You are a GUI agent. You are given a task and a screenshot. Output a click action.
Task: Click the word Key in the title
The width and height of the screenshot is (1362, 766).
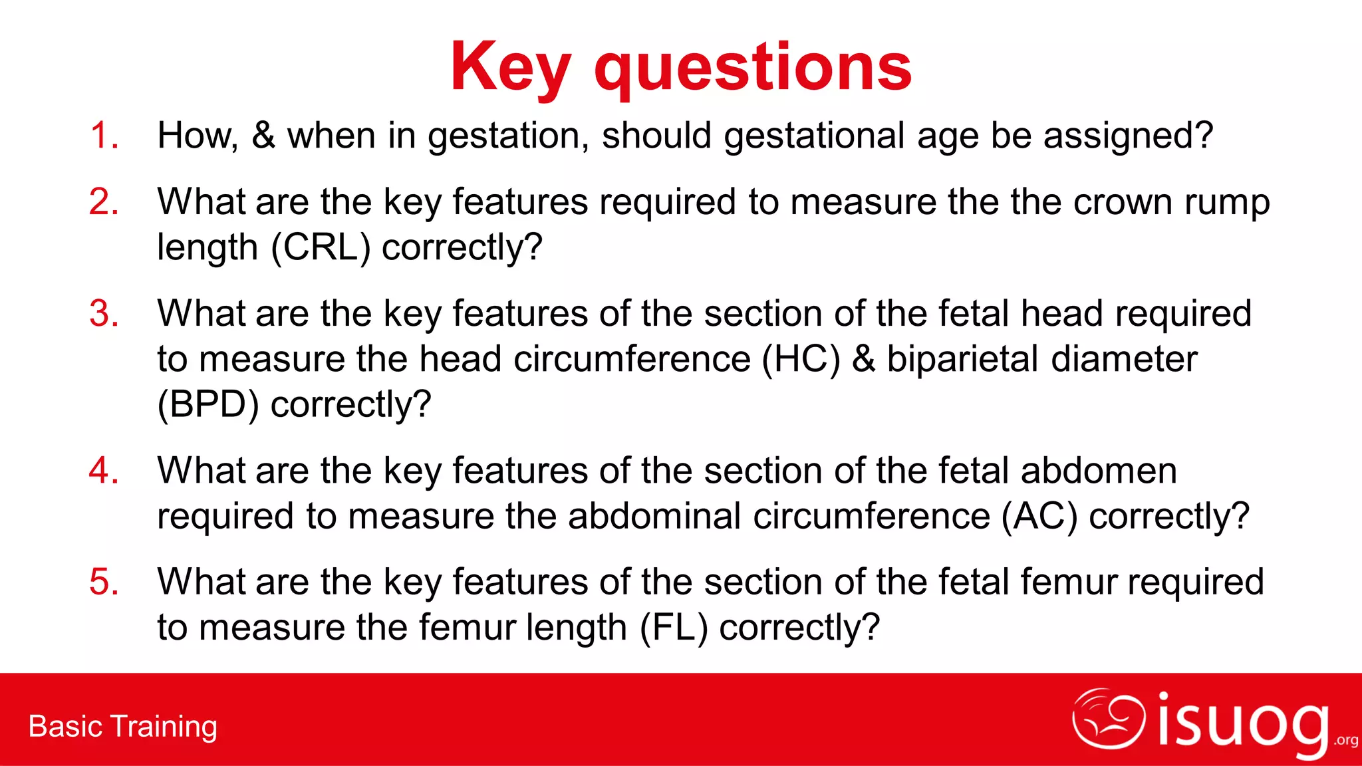(509, 68)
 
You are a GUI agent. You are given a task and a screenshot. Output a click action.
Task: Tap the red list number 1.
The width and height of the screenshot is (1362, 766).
(104, 136)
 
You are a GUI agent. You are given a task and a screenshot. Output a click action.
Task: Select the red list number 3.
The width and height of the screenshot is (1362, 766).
(104, 314)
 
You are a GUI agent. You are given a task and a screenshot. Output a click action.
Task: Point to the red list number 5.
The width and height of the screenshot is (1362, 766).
(104, 582)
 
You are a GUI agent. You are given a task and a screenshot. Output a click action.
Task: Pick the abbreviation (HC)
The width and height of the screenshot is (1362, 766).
(801, 359)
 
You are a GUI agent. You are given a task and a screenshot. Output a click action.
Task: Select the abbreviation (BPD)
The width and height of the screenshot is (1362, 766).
(208, 404)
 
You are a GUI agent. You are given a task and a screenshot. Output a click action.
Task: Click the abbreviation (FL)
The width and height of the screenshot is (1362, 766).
(674, 628)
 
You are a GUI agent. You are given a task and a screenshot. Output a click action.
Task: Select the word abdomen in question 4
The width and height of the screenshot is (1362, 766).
(1099, 471)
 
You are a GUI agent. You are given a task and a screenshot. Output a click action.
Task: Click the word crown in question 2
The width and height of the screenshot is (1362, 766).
(1123, 202)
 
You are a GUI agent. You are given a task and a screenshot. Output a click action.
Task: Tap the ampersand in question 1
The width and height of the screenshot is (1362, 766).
(263, 136)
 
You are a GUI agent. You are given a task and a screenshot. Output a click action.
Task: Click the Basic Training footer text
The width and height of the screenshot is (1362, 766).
(123, 726)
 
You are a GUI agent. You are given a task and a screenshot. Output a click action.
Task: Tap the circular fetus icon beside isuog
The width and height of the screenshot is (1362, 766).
(1108, 718)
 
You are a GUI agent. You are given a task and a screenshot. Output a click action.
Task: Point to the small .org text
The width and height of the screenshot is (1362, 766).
(1345, 741)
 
